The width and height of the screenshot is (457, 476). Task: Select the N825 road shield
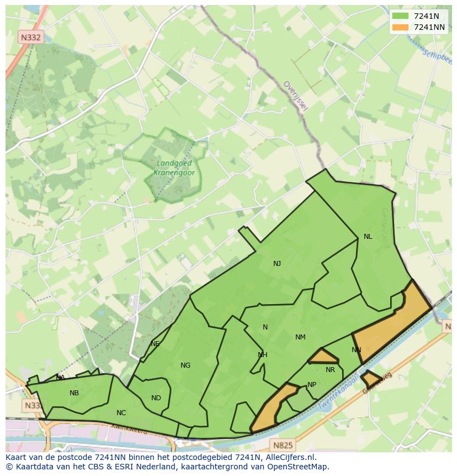coord(283,444)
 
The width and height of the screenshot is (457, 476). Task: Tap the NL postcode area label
coord(368,237)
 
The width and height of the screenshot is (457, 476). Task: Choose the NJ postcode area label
coord(277,264)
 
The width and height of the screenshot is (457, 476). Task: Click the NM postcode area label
coord(300,337)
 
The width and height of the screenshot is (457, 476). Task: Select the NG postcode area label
coord(185,365)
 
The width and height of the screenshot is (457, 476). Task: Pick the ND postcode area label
coord(156,398)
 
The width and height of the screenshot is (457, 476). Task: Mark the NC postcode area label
coord(121,413)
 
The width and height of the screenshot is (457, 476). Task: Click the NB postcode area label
coord(74,393)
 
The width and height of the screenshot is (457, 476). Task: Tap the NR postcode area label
coord(330,370)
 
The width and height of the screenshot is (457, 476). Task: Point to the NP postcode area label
coord(312,385)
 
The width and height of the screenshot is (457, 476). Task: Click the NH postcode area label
coord(263,355)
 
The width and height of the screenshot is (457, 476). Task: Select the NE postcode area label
coord(155,344)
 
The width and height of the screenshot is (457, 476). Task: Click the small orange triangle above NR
coord(323,357)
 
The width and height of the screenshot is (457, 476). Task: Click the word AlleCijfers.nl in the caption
coord(296,457)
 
